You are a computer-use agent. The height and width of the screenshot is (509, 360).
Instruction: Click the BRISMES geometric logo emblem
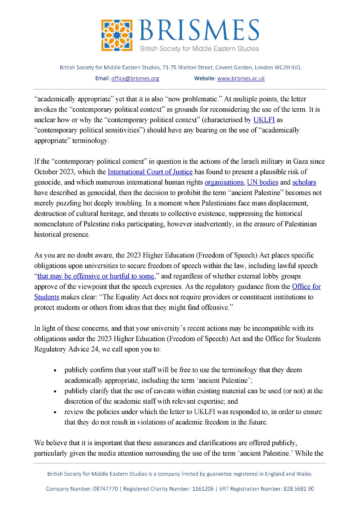(117, 35)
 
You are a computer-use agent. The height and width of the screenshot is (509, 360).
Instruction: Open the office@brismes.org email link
(135, 78)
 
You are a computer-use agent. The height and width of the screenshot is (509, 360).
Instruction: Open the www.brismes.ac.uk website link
(241, 78)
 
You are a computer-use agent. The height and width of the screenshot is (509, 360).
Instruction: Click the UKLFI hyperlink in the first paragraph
(264, 120)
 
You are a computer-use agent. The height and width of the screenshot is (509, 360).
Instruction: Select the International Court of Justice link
(150, 172)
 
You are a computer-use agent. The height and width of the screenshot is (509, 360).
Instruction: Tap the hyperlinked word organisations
(224, 182)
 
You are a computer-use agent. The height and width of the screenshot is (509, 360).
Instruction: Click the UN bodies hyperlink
(262, 182)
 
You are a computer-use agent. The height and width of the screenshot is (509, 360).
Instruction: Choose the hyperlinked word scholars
(304, 182)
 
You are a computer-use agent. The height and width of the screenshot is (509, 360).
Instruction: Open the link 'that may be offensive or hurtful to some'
(96, 276)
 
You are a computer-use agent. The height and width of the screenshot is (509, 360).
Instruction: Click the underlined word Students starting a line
(47, 297)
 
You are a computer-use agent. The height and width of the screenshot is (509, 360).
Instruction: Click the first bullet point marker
(55, 371)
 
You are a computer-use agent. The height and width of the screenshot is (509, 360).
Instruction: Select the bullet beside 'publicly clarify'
(55, 391)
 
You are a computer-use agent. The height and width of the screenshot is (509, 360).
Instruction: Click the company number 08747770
(105, 489)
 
